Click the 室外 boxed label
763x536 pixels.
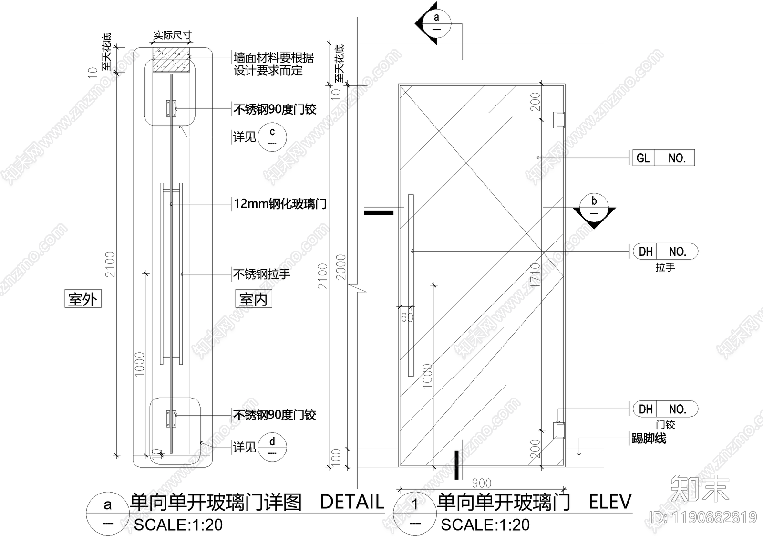point(82,299)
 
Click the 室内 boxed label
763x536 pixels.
point(253,299)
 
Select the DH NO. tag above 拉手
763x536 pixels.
point(665,252)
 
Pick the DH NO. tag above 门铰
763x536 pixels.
point(665,409)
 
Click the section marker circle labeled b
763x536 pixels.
point(594,207)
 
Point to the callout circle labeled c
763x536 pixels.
point(272,137)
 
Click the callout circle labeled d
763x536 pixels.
point(272,447)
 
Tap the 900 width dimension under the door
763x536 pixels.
point(481,483)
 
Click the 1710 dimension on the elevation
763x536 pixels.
point(535,274)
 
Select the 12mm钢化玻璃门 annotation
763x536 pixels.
point(280,204)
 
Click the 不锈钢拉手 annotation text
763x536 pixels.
point(262,274)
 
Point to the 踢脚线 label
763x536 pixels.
point(649,438)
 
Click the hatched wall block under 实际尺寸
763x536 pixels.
point(172,61)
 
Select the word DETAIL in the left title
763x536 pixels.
point(352,502)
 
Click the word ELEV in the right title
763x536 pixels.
point(610,502)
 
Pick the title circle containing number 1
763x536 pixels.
point(415,513)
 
